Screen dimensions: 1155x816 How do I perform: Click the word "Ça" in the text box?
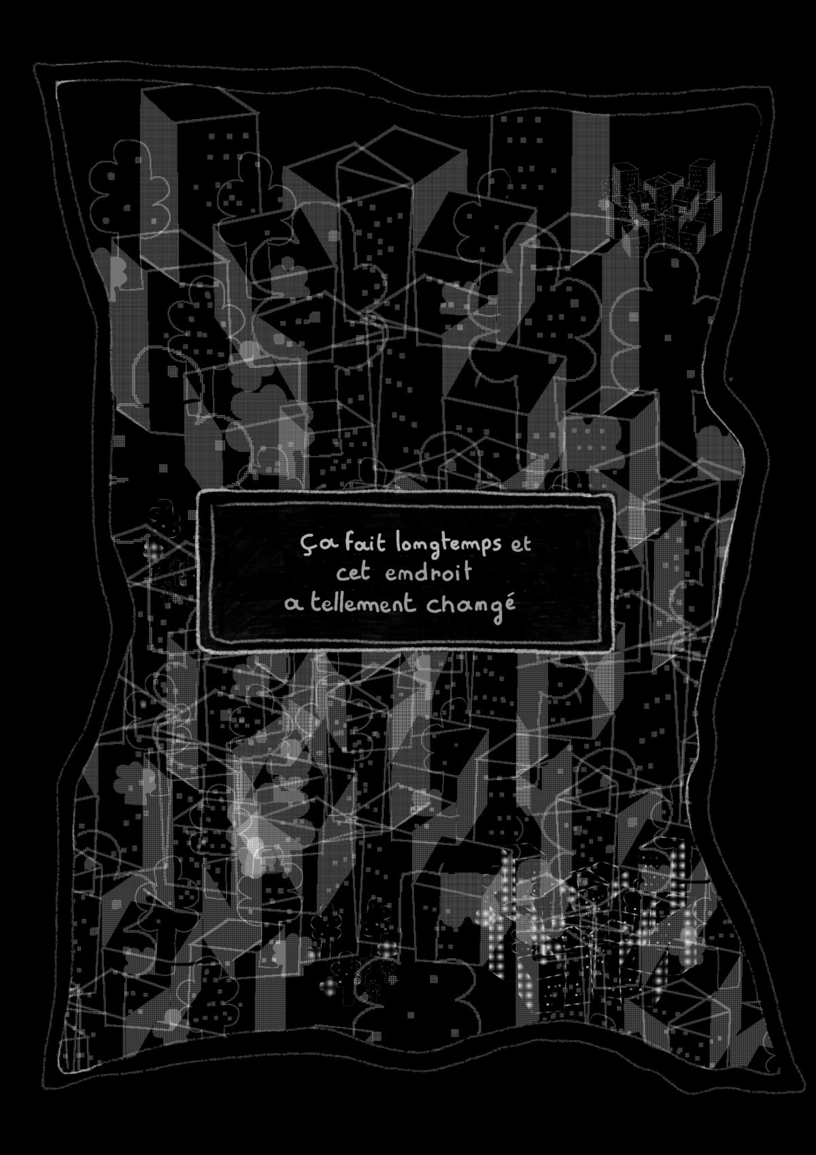(310, 546)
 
